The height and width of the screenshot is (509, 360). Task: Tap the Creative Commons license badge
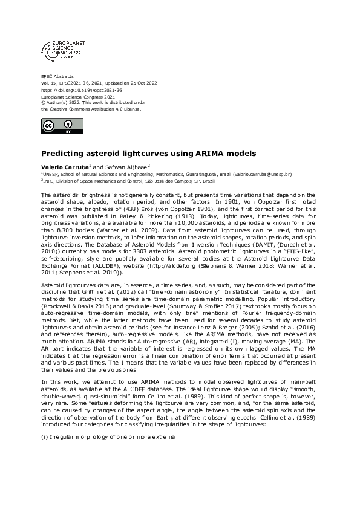click(x=56, y=126)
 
